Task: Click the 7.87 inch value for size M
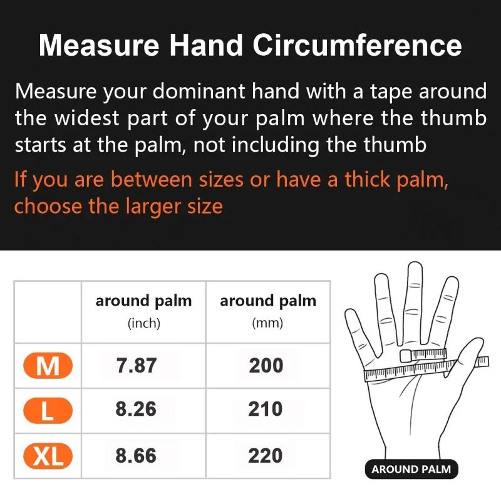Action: [x=136, y=365]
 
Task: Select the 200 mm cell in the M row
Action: [x=266, y=365]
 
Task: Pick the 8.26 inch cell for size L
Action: [x=136, y=410]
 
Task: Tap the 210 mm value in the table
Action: [x=266, y=410]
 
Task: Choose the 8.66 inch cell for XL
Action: [x=136, y=455]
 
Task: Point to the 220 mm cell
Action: [x=266, y=455]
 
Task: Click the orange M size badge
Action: [x=48, y=366]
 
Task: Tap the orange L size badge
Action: [x=48, y=411]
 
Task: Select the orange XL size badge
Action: [x=48, y=457]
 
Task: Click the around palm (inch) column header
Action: [x=143, y=310]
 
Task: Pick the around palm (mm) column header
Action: [x=267, y=310]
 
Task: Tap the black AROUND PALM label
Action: [x=411, y=469]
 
